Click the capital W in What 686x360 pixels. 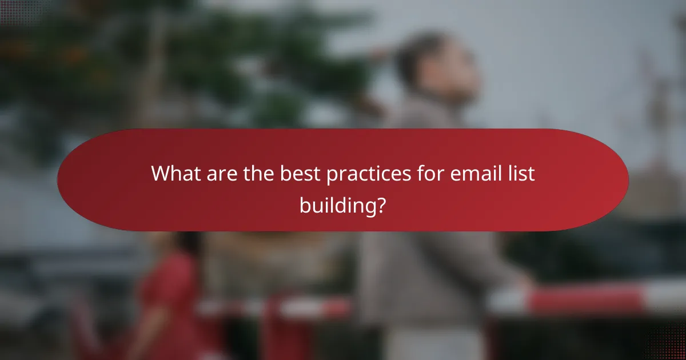[x=160, y=174]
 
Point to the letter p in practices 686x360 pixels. [x=332, y=176]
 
